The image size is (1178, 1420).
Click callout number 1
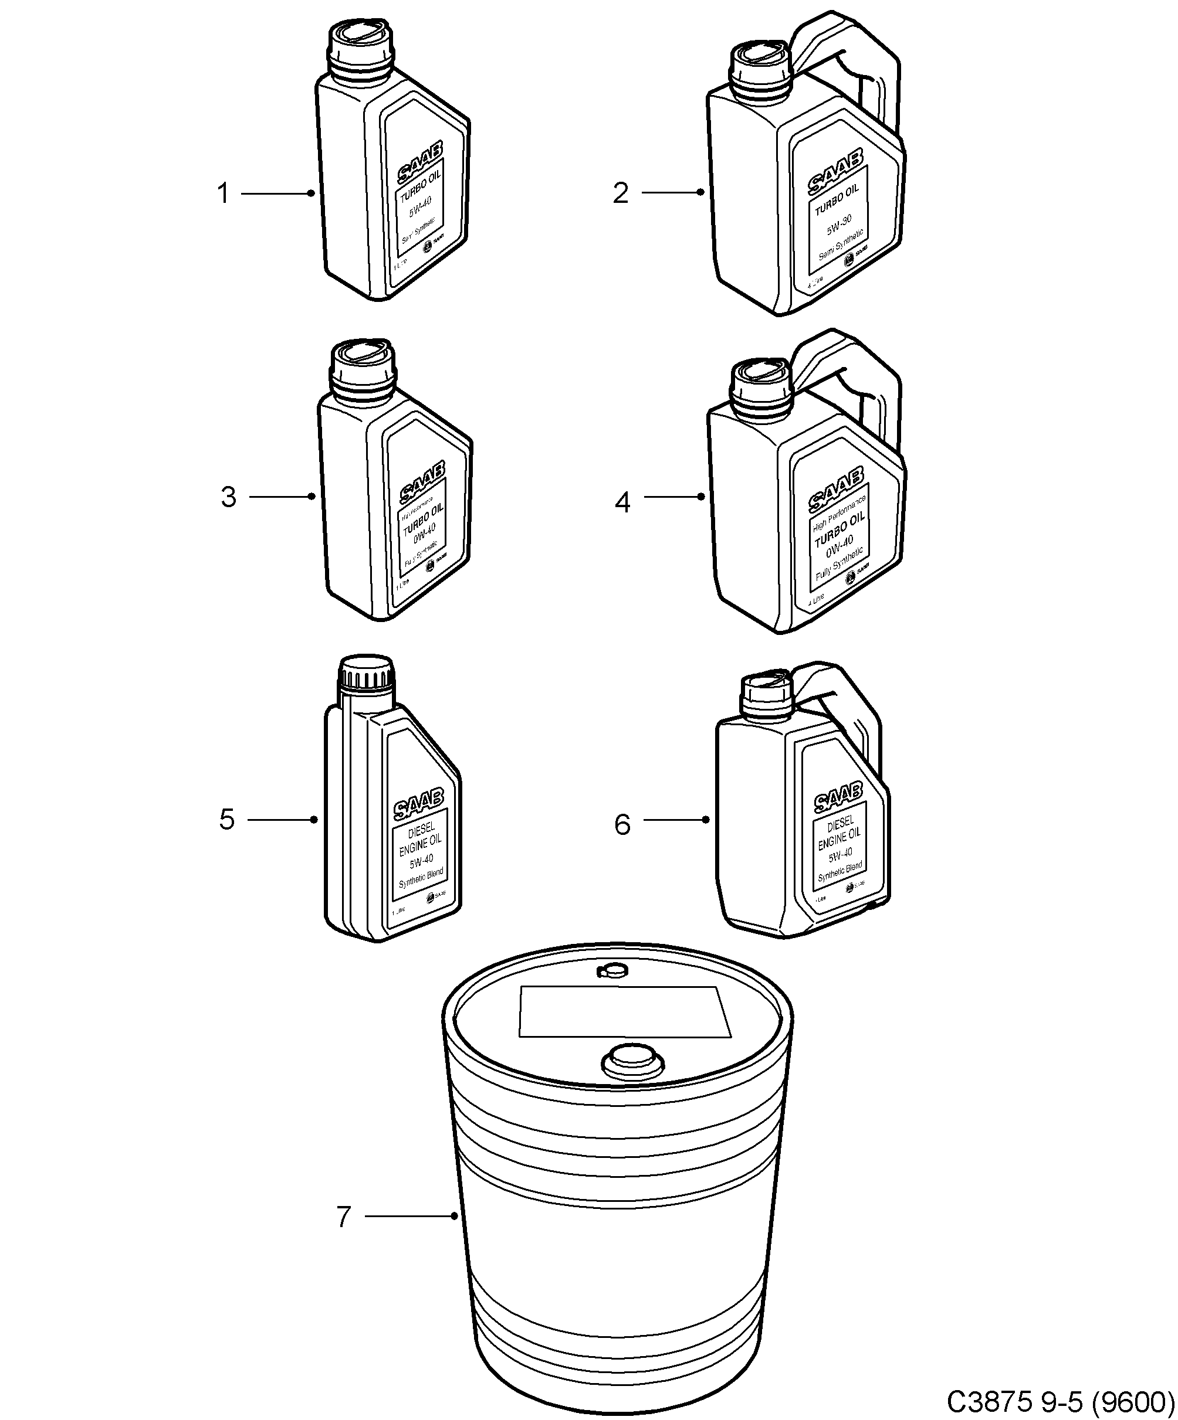222,194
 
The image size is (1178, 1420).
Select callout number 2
620,193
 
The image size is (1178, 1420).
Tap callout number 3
228,497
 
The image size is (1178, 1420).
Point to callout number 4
622,502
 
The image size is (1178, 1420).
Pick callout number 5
226,820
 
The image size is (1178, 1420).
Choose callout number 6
622,825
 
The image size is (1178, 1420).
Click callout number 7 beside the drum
344,1217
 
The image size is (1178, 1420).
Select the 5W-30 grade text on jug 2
838,224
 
